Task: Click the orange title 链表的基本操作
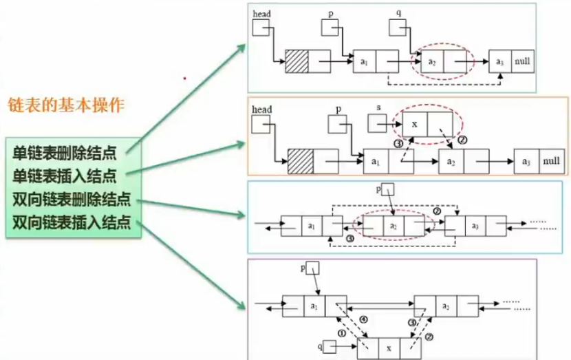click(65, 106)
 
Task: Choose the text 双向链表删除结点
click(72, 201)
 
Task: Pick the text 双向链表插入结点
click(72, 222)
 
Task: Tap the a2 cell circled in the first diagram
click(432, 62)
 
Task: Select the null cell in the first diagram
click(522, 62)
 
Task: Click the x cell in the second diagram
click(414, 125)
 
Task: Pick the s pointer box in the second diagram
click(377, 124)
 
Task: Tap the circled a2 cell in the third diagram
click(393, 225)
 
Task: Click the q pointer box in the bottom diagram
click(329, 348)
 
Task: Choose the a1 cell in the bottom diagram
click(314, 306)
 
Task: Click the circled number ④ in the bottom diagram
click(364, 318)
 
